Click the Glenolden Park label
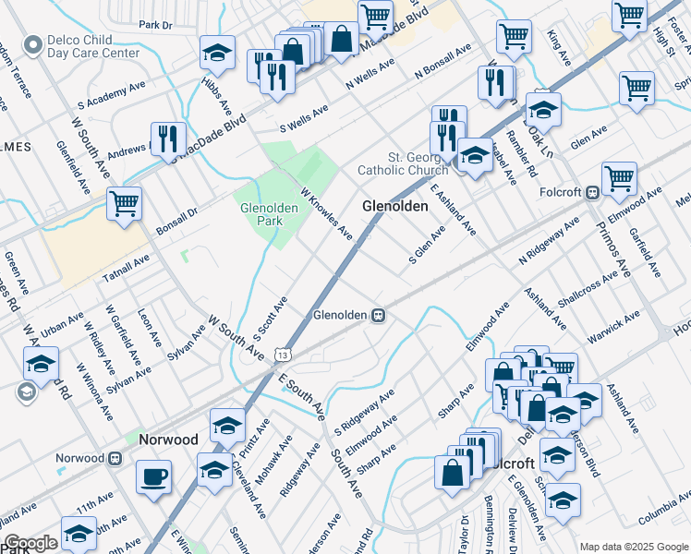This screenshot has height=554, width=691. coord(268,215)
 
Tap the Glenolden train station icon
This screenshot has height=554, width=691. coord(378,315)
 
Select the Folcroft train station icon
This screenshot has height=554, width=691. coord(592,193)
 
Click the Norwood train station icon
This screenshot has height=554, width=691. coord(115,458)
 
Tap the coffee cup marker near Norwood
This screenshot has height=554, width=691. coord(153,477)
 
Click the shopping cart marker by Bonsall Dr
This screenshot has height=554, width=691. coord(124,203)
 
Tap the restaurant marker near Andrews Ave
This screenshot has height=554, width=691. coord(167,138)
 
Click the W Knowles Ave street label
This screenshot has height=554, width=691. coord(325,211)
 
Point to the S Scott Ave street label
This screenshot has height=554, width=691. coord(270,319)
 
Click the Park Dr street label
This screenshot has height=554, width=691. coord(155,25)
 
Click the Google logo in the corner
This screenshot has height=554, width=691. coord(30,544)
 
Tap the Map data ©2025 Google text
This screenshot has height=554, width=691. coord(633,547)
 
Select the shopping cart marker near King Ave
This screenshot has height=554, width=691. coord(513,37)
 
